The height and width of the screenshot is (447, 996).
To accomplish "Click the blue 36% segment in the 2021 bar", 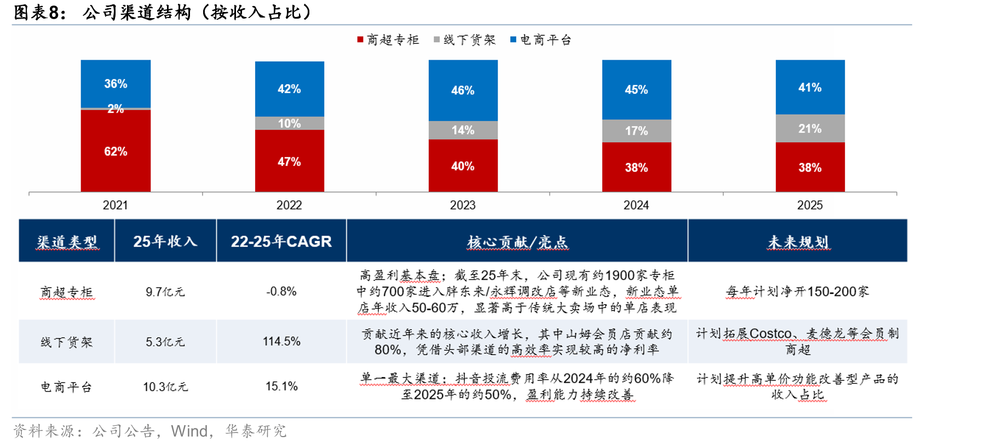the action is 116,84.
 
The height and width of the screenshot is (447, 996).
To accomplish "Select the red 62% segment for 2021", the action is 116,151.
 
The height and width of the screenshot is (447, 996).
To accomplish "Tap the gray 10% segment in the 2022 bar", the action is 289,123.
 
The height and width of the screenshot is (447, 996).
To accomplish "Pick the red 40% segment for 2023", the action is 463,165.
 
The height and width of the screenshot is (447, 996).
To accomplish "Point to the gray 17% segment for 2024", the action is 636,131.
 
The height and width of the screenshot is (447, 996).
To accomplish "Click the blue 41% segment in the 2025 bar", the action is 810,87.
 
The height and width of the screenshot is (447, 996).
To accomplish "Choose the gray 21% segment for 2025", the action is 810,129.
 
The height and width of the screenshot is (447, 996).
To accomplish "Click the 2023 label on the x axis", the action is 463,205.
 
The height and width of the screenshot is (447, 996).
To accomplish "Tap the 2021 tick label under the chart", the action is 116,205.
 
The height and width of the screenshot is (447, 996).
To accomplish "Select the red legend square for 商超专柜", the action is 360,39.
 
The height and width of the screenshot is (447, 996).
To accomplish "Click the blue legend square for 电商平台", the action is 513,39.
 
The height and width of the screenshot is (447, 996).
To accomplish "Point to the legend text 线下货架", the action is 469,40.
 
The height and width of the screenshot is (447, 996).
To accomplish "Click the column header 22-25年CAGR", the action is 281,242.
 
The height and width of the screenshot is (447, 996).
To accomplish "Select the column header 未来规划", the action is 798,242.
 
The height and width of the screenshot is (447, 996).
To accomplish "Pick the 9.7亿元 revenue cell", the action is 165,292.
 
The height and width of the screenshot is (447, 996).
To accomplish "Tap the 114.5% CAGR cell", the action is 281,341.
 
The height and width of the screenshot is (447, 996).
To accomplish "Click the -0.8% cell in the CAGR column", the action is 281,291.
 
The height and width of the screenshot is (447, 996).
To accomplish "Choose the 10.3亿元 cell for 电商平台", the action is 165,387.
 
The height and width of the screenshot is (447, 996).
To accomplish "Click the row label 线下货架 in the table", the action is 67,342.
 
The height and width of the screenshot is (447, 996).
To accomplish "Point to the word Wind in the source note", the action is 189,431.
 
